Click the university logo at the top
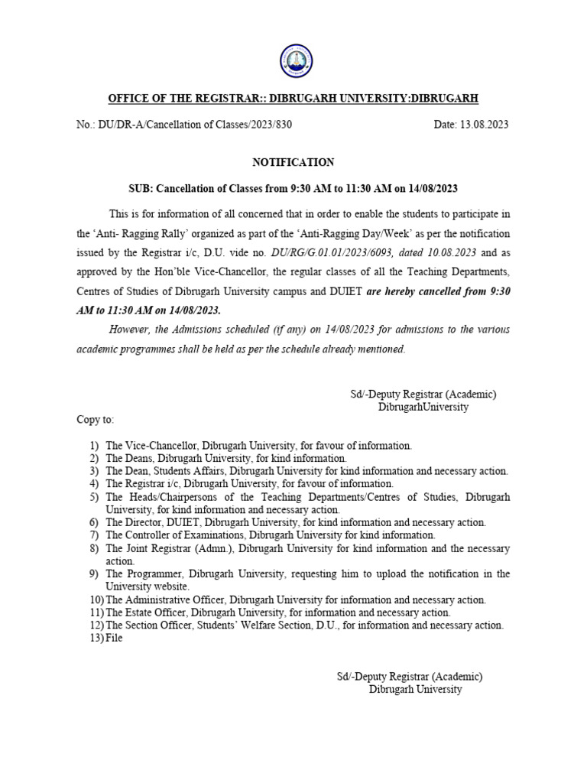point(293,63)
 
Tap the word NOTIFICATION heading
point(293,162)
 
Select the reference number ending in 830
point(184,125)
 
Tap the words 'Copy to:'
point(95,420)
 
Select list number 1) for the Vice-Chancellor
point(94,444)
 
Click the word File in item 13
point(114,638)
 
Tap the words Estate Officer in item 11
point(157,612)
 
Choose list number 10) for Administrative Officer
point(96,599)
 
